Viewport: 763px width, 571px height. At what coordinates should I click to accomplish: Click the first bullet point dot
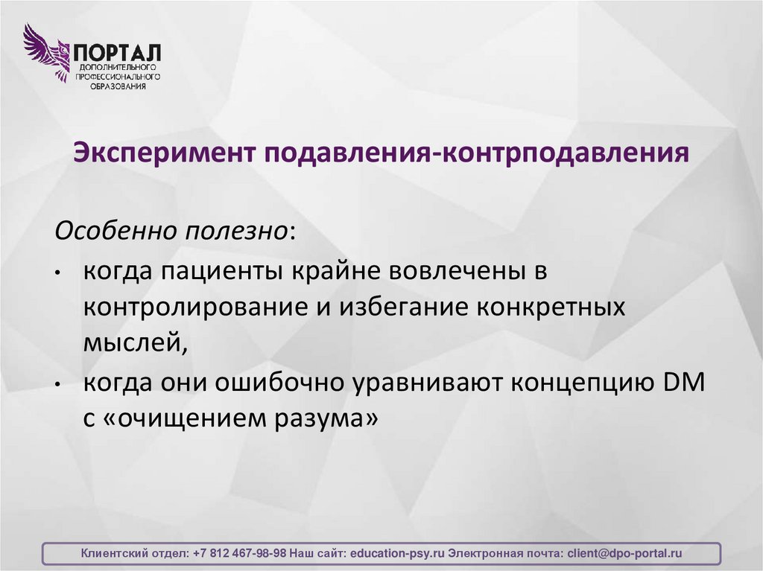(x=59, y=274)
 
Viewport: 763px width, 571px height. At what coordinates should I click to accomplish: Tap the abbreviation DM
(x=683, y=383)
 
